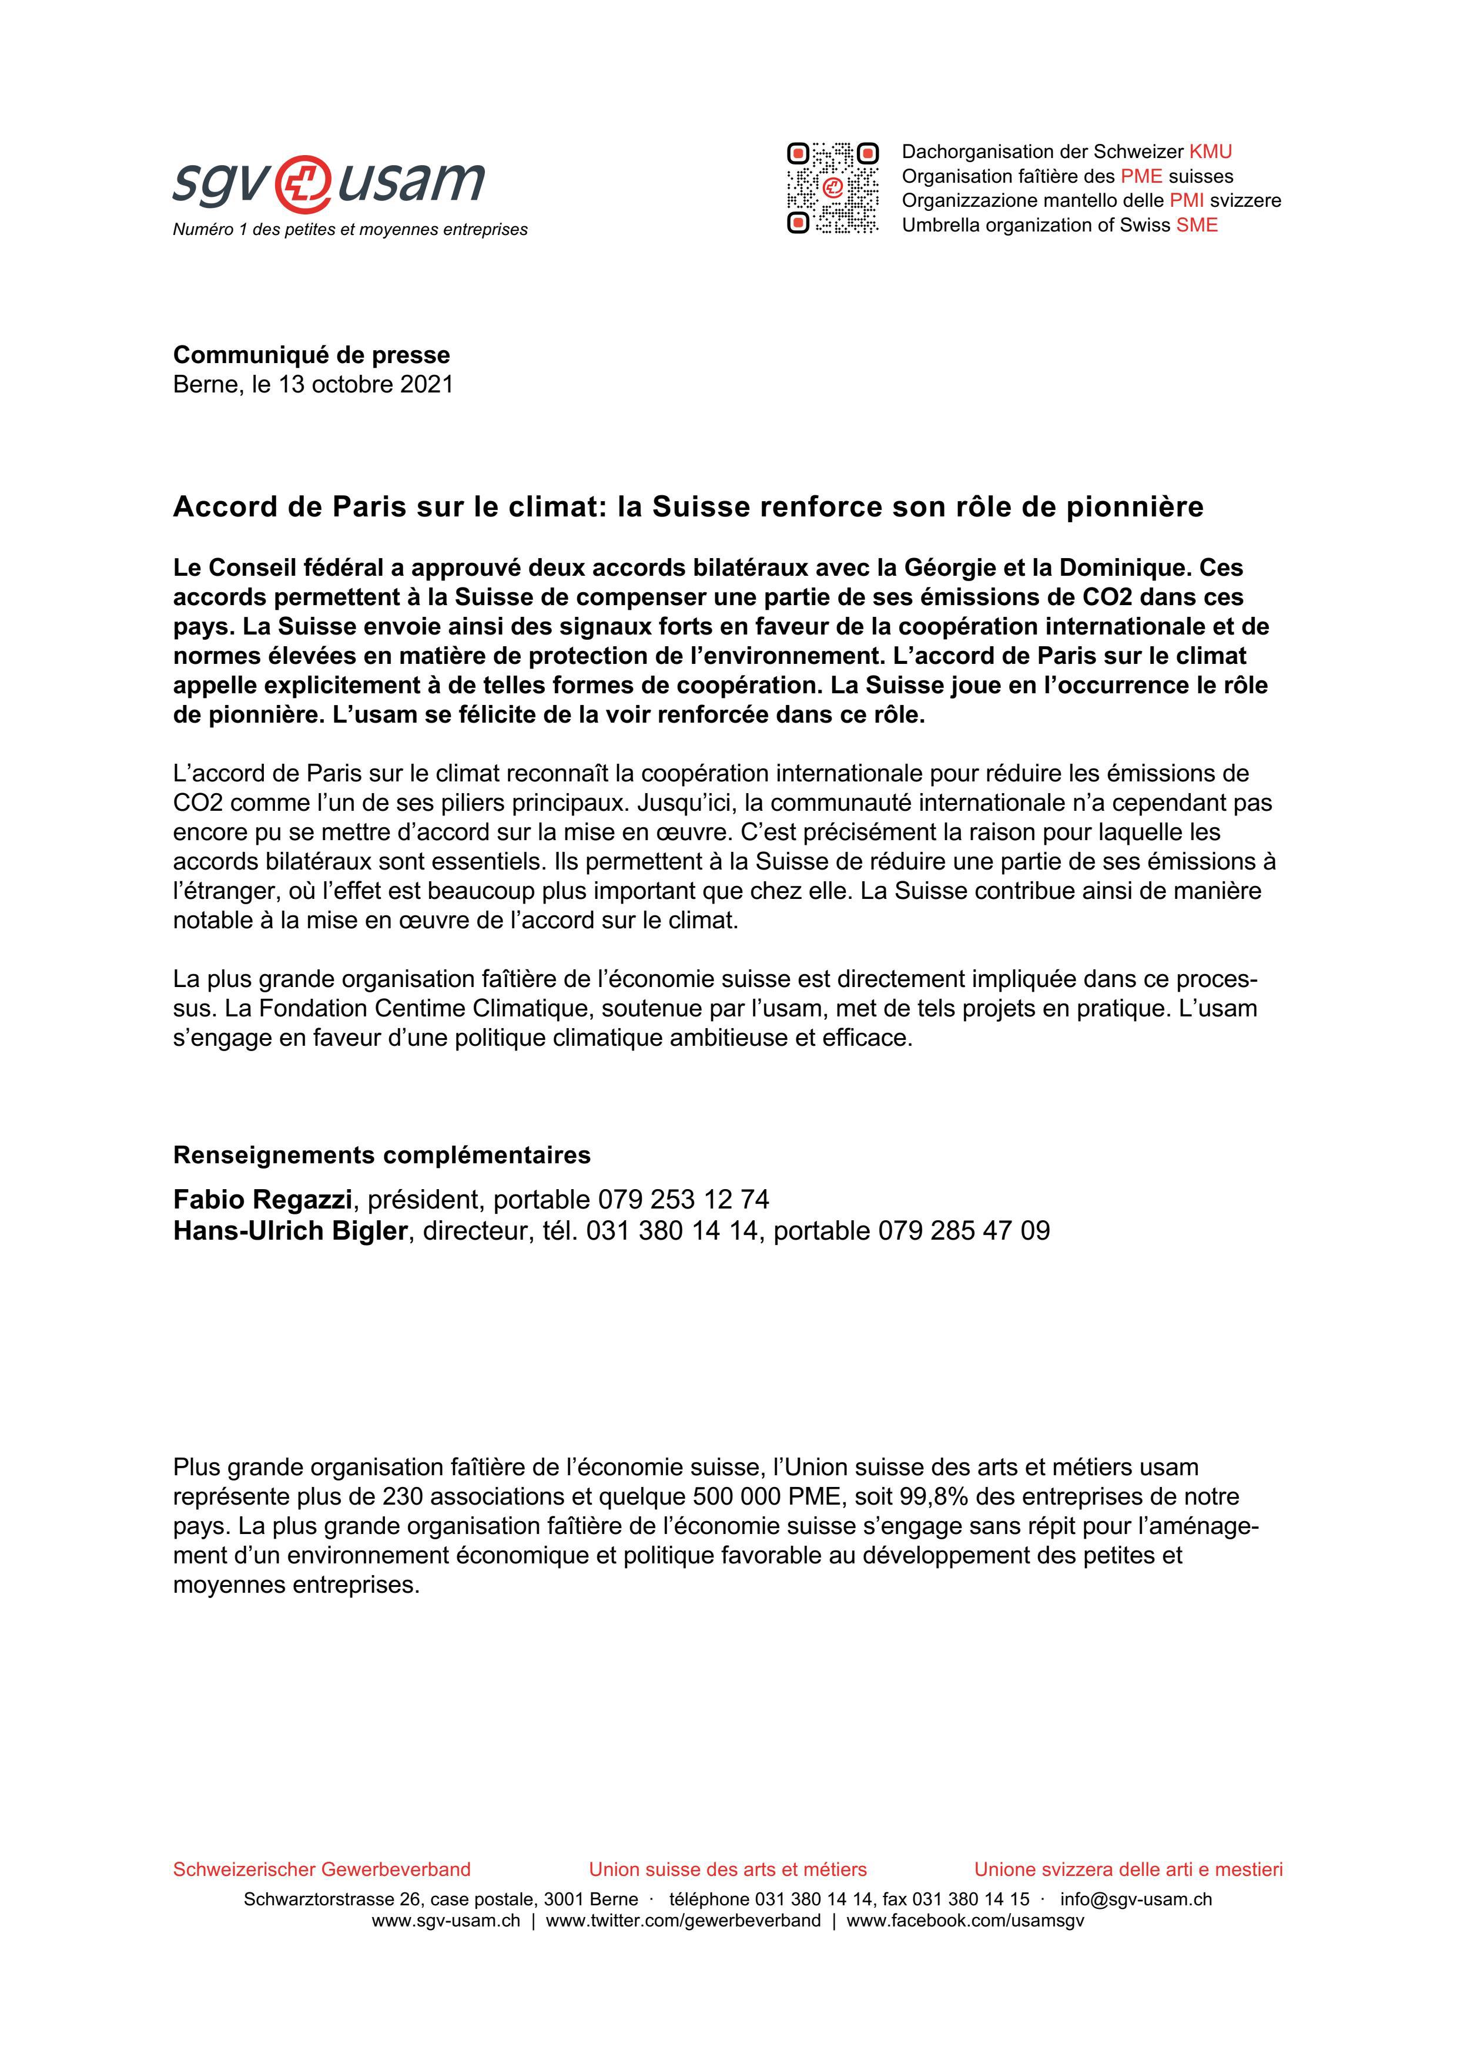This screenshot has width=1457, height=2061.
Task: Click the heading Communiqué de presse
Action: (312, 355)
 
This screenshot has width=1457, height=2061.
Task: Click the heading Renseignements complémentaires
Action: (381, 1154)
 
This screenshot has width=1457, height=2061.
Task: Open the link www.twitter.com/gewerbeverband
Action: (683, 1921)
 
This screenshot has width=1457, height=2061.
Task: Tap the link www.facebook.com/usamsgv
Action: (965, 1921)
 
